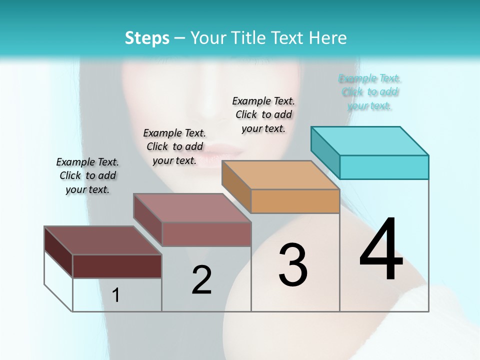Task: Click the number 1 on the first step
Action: pyautogui.click(x=116, y=295)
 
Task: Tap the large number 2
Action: pyautogui.click(x=201, y=280)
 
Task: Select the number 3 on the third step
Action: pyautogui.click(x=292, y=264)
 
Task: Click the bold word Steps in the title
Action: pyautogui.click(x=147, y=37)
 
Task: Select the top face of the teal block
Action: pyautogui.click(x=370, y=140)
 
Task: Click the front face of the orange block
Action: pyautogui.click(x=295, y=201)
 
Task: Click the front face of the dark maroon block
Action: pyautogui.click(x=117, y=266)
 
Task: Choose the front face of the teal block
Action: pyautogui.click(x=384, y=167)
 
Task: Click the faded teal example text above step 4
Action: pyautogui.click(x=369, y=92)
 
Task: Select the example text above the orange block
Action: pyautogui.click(x=263, y=114)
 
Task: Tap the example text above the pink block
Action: pyautogui.click(x=174, y=146)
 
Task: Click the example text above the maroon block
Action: pyautogui.click(x=87, y=175)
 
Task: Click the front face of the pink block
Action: pyautogui.click(x=206, y=234)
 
